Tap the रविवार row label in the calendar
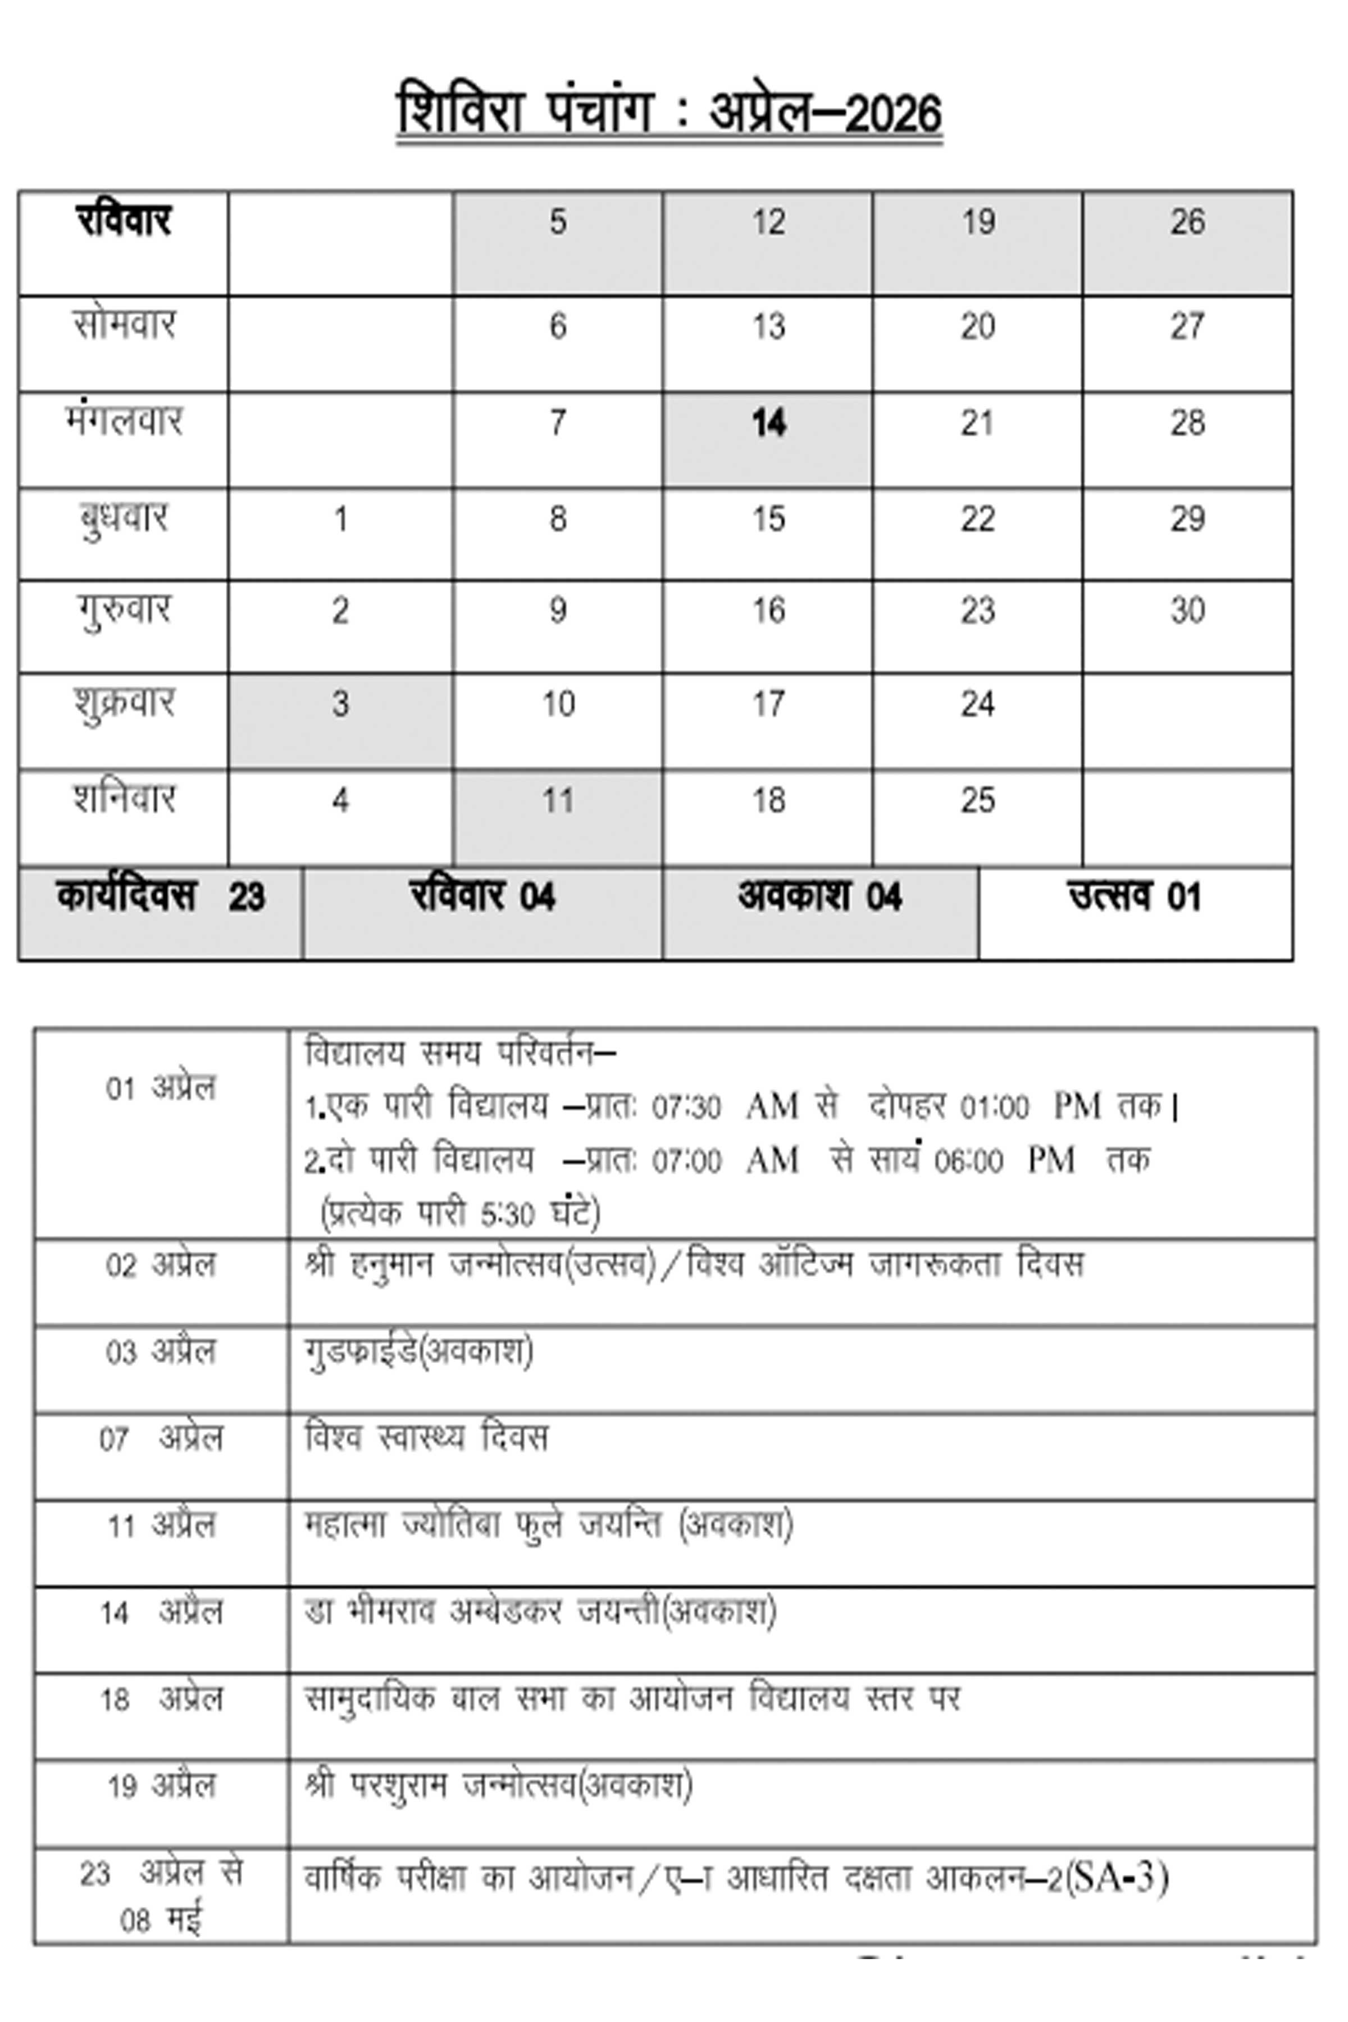point(124,221)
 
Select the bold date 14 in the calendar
point(768,423)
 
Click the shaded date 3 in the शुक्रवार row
point(340,704)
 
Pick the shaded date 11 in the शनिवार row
point(558,800)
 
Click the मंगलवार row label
point(124,421)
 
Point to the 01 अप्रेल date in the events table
point(161,1089)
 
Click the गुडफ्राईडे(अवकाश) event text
point(418,1351)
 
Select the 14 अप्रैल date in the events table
point(161,1613)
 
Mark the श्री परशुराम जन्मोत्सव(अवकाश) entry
point(499,1786)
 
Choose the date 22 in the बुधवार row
point(977,519)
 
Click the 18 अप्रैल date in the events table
point(161,1700)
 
